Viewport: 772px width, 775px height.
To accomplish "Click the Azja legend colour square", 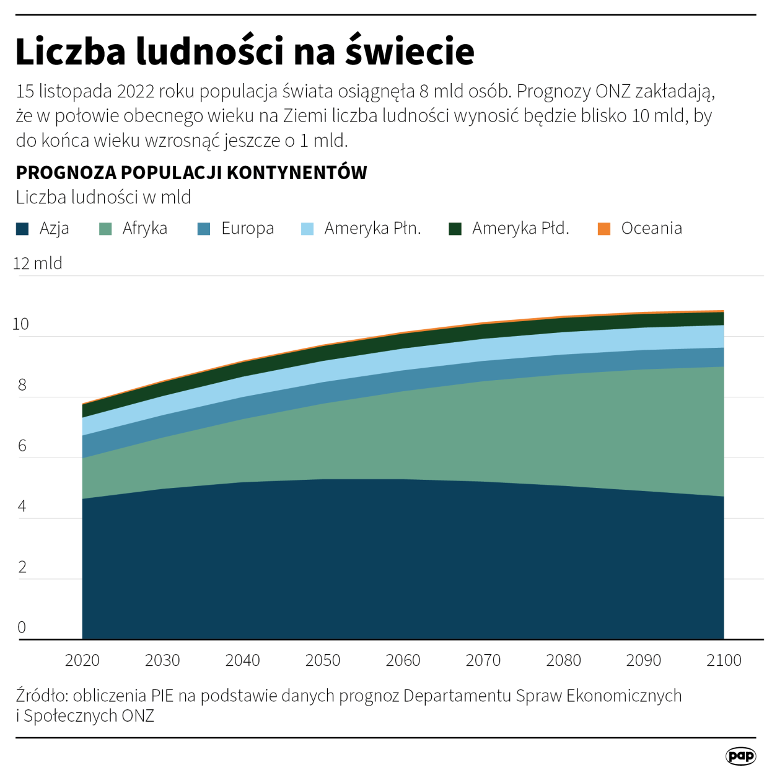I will (x=22, y=229).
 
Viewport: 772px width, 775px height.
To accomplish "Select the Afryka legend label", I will (x=144, y=228).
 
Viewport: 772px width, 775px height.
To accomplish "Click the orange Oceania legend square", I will (x=604, y=229).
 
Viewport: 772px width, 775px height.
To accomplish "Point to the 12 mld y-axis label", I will (x=38, y=263).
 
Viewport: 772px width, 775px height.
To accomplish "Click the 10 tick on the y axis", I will (x=20, y=324).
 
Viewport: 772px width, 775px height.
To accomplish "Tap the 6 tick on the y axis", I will (x=22, y=445).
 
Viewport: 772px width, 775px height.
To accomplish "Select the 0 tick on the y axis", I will (x=22, y=627).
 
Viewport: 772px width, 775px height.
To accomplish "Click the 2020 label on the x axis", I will (x=82, y=660).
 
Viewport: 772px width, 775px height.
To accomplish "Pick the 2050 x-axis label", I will (x=323, y=660).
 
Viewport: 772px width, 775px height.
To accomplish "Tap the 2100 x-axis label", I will (x=724, y=660).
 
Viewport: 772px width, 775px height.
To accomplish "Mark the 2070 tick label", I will (x=483, y=660).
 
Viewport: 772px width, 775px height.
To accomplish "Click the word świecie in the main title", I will (x=410, y=51).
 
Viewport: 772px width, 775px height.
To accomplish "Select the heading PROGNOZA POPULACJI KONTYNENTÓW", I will (x=191, y=172).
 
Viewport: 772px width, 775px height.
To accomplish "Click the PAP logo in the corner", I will (x=740, y=756).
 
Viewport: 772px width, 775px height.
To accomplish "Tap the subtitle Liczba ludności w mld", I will (x=103, y=197).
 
